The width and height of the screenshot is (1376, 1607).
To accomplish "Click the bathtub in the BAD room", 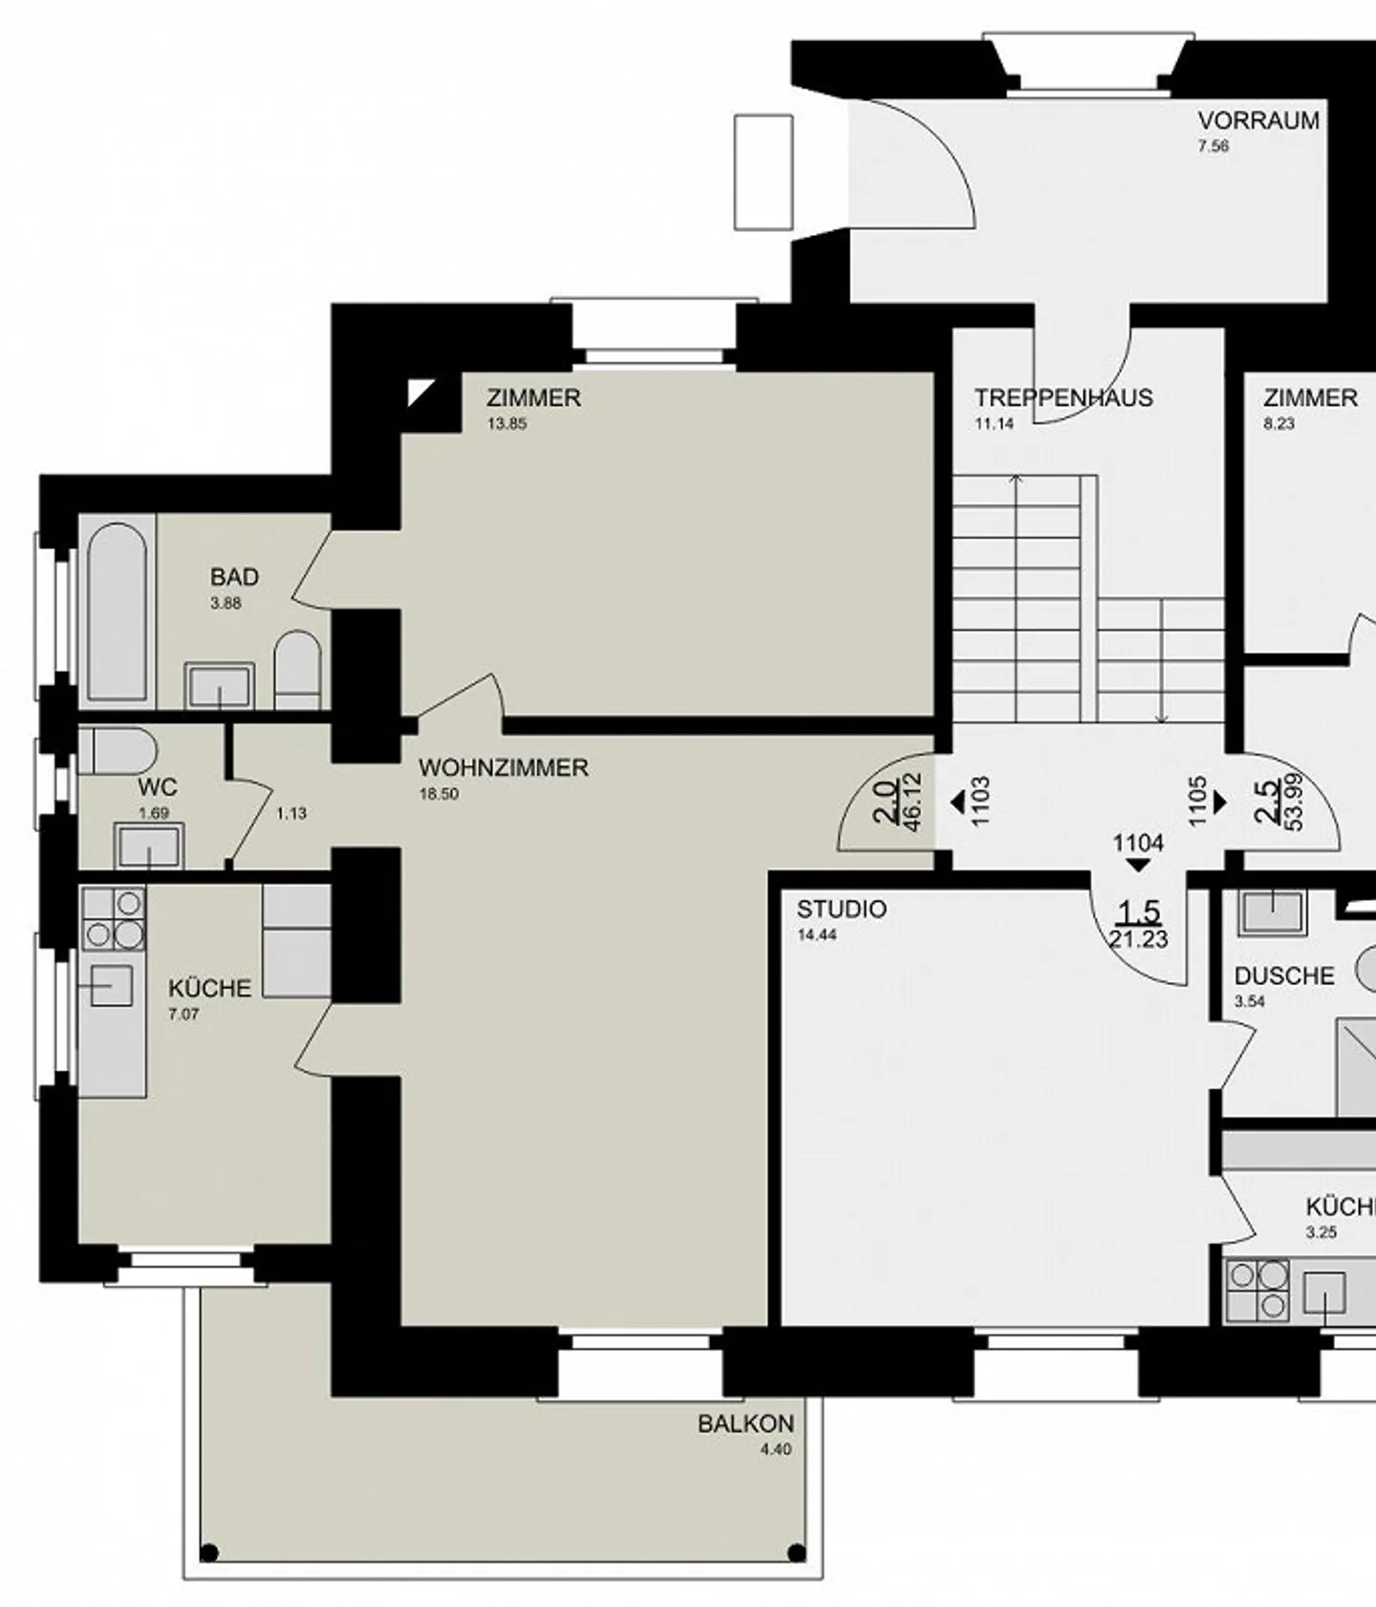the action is point(118,611).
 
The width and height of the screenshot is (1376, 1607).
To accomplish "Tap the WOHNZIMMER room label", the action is point(504,768).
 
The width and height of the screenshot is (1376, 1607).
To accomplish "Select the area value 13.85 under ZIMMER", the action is point(507,424).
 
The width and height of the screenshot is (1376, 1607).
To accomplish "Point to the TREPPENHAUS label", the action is point(1064,397).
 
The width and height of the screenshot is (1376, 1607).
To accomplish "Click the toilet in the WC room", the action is point(117,751).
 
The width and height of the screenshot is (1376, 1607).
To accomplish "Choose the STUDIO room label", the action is point(842,910).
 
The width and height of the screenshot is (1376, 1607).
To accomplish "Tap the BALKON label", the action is point(745,1424).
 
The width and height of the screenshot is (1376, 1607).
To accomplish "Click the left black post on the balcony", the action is point(209,1553).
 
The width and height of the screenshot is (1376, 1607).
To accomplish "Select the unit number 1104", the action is point(1138,843).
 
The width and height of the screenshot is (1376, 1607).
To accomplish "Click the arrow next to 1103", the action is point(957,802).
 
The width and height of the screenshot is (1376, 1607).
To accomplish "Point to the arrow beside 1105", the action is point(1219,802).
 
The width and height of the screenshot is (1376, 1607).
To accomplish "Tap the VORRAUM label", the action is point(1258,121).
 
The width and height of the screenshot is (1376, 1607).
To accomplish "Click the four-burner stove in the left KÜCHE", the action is point(114,918).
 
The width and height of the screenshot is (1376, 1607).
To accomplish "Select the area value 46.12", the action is point(912,803).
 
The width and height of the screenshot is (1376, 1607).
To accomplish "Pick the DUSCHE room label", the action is point(1284,976).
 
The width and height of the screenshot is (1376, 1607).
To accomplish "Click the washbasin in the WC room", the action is point(149,846).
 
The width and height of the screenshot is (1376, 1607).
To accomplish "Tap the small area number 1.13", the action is point(291,814).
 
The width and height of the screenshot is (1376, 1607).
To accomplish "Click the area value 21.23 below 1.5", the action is point(1138,940).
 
